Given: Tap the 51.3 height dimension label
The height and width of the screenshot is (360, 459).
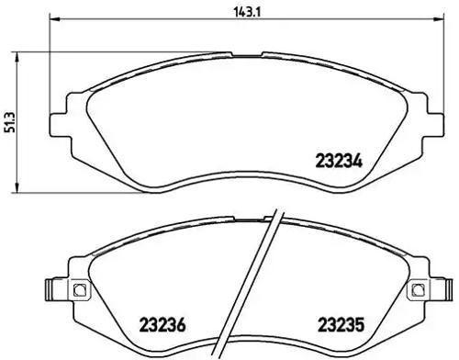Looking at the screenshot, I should [x=9, y=118].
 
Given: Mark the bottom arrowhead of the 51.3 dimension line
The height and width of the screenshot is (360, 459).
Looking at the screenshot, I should [x=21, y=190].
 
